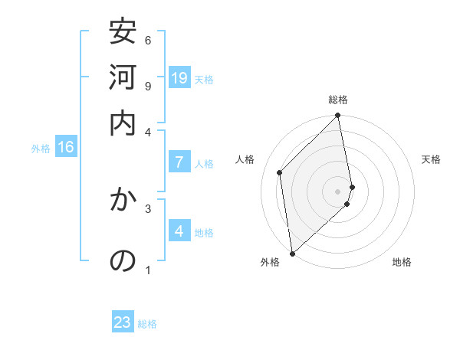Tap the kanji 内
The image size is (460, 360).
(x=123, y=123)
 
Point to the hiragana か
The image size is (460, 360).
(x=123, y=200)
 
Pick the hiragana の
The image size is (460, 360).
(x=123, y=261)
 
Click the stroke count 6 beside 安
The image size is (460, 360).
(x=148, y=40)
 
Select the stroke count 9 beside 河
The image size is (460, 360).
(x=148, y=85)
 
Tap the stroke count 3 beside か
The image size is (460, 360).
(x=148, y=208)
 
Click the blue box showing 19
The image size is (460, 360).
(x=179, y=77)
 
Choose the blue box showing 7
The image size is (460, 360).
(x=179, y=162)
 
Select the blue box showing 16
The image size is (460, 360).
(x=66, y=147)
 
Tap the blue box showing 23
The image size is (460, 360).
(x=123, y=322)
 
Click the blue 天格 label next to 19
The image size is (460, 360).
(x=204, y=80)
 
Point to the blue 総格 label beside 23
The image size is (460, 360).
(x=147, y=325)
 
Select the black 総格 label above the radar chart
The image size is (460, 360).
(x=338, y=100)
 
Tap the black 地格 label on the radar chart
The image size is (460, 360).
(x=402, y=263)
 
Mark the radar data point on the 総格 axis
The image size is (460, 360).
(x=338, y=116)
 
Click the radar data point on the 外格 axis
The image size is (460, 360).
(x=292, y=253)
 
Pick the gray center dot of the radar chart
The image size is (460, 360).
(x=338, y=190)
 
